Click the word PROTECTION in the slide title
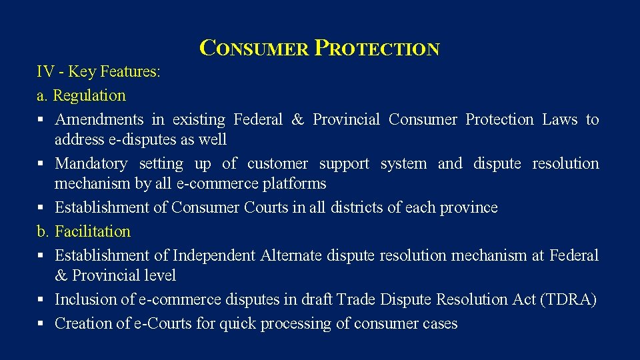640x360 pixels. point(377,49)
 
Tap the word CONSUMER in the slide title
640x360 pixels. point(254,49)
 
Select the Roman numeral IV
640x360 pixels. point(45,71)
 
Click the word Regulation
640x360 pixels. point(89,95)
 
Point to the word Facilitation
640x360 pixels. point(93,231)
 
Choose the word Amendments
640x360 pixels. point(99,119)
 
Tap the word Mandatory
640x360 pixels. point(91,163)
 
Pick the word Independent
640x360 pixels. point(214,255)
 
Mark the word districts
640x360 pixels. point(353,207)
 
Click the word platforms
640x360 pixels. point(295,183)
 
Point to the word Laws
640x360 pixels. point(559,119)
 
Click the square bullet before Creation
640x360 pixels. point(41,324)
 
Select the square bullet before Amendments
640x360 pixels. point(41,120)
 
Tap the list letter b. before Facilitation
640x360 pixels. point(43,231)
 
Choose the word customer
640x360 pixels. point(277,163)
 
